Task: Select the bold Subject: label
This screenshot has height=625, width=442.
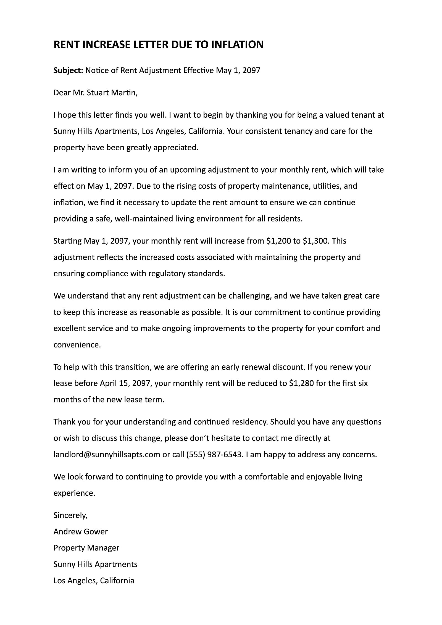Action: [x=68, y=71]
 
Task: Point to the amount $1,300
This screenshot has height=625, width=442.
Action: [x=315, y=241]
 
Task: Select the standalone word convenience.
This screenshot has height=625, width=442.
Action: [x=77, y=345]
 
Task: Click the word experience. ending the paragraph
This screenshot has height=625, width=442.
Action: [x=74, y=493]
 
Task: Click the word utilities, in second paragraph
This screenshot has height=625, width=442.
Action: [x=327, y=186]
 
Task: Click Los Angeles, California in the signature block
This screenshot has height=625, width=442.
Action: [x=94, y=581]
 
